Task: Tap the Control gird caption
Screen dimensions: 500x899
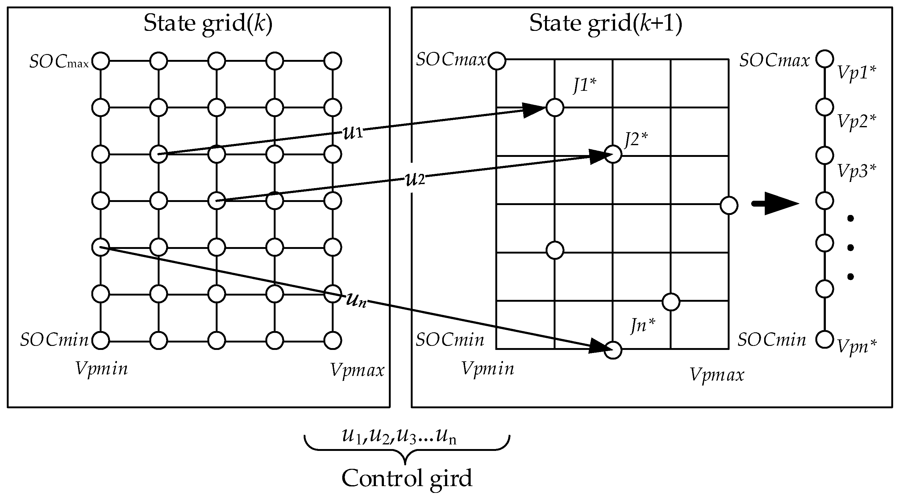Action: click(x=406, y=478)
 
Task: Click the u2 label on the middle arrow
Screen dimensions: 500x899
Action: click(x=415, y=180)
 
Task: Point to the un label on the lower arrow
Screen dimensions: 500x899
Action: click(x=356, y=300)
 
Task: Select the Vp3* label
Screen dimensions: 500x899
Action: click(x=857, y=171)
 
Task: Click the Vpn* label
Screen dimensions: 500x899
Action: click(x=857, y=346)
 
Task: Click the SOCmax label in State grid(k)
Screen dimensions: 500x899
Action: click(x=59, y=62)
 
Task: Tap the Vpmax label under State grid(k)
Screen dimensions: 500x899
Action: click(x=357, y=370)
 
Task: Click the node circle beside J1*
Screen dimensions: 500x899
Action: click(x=555, y=107)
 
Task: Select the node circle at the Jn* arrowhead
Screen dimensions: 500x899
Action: click(x=613, y=350)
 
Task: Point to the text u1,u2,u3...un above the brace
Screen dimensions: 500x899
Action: click(x=399, y=436)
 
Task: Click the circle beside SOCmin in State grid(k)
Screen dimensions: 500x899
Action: click(x=101, y=340)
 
